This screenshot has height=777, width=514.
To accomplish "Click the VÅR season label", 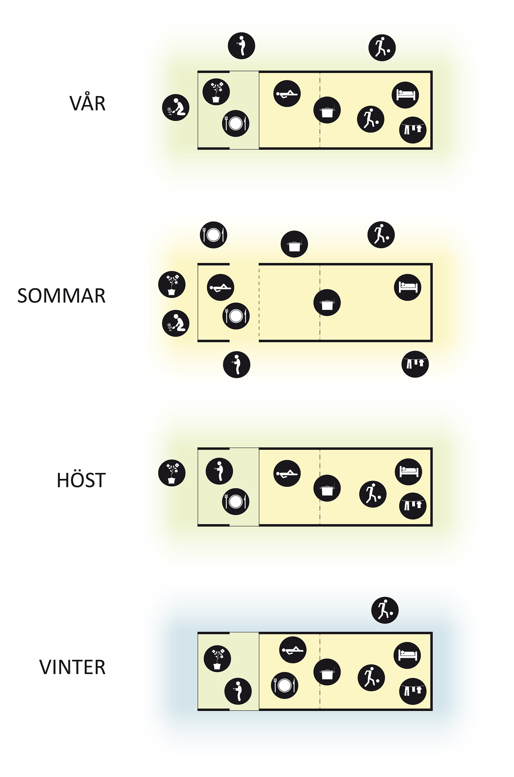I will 88,104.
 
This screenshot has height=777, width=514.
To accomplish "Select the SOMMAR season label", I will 62,296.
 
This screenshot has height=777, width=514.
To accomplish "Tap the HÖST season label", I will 81,480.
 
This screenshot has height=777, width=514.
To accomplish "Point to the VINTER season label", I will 73,667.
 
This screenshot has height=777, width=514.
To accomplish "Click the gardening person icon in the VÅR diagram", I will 176,108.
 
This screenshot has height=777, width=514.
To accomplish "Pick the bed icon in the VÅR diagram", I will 405,95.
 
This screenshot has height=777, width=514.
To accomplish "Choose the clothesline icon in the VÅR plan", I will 413,130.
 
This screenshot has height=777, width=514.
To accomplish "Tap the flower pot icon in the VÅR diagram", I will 216,92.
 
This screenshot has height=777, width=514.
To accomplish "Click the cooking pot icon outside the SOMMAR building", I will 294,244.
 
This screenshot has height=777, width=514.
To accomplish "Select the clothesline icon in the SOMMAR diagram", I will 415,364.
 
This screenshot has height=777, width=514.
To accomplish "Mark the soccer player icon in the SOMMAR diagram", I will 381,235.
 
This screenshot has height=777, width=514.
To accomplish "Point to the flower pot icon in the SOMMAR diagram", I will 172,284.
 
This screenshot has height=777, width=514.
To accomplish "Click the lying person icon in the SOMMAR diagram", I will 221,288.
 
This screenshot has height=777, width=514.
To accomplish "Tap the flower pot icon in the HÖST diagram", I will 172,473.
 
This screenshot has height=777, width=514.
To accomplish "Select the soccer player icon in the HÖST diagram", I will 373,494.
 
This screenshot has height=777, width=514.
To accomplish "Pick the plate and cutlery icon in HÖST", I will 236,501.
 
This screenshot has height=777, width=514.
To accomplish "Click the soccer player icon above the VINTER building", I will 385,610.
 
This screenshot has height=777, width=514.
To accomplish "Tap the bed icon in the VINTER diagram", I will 407,655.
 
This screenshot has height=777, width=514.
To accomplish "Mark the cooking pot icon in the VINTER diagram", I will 327,672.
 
